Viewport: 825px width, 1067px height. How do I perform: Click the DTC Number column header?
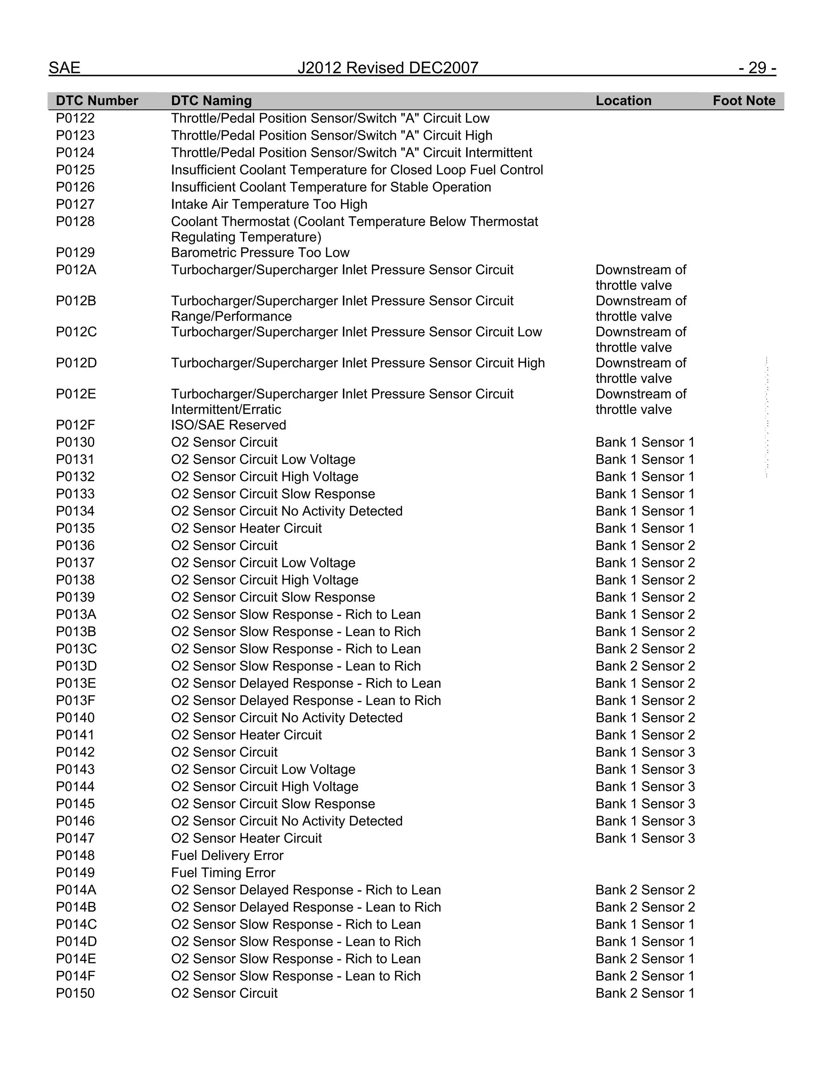click(x=97, y=101)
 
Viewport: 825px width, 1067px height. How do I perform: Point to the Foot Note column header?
click(x=743, y=101)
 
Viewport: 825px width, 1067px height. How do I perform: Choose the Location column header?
click(x=623, y=101)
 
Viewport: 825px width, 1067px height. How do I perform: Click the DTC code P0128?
click(x=75, y=221)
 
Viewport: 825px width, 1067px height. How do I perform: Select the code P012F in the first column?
click(x=75, y=425)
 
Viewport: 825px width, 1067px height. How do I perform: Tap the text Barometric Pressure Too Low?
click(x=260, y=252)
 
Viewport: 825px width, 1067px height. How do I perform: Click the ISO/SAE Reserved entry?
click(x=228, y=425)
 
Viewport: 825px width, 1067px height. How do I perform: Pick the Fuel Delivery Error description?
click(x=227, y=856)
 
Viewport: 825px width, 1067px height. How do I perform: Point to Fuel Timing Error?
click(x=223, y=873)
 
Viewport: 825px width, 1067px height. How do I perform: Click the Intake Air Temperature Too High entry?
click(x=269, y=204)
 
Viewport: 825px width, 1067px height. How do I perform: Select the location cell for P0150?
click(x=645, y=993)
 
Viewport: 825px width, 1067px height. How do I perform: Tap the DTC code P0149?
click(x=75, y=873)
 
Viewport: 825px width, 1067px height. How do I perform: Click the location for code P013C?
click(x=645, y=649)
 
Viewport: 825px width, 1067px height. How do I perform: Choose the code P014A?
click(x=76, y=890)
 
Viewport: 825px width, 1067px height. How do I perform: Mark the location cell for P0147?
click(x=645, y=838)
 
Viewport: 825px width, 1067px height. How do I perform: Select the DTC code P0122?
click(x=75, y=118)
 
